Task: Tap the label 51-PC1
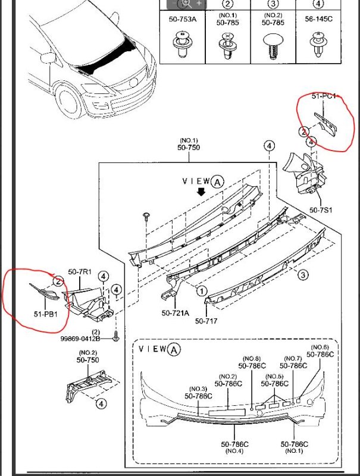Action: point(324,96)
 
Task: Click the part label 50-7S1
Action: point(321,210)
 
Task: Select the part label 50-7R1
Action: point(79,272)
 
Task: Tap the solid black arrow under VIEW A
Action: point(201,192)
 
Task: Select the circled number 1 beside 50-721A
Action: point(202,291)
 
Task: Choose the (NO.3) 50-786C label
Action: point(198,392)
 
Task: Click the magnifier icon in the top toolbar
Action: point(186,3)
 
